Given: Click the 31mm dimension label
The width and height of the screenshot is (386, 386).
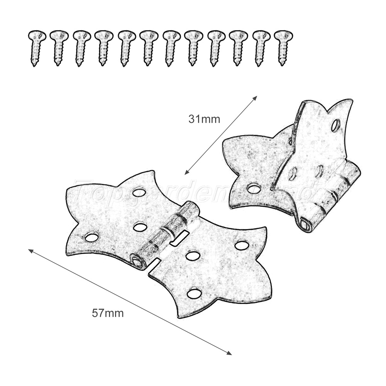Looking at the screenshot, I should [204, 119].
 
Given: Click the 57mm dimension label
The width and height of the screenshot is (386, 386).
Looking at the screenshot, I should [108, 313].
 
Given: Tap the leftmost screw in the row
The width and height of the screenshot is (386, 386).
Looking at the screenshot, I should [37, 47].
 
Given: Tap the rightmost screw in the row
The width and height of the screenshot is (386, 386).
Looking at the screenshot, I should [283, 47].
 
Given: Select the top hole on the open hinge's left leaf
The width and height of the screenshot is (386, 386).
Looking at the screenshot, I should [139, 192].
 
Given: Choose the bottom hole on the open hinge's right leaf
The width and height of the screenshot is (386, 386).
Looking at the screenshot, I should [194, 293].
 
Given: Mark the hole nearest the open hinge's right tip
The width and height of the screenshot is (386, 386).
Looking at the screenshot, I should [242, 245].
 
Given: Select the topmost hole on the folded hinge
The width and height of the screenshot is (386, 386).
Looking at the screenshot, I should [335, 125].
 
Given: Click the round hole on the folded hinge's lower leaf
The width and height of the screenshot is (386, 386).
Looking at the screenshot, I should [254, 188].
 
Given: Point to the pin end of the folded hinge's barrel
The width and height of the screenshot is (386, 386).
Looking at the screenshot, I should [305, 223].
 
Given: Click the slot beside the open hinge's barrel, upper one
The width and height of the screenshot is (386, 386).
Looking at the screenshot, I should [181, 236].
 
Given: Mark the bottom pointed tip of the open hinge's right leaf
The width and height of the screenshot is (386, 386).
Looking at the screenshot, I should [179, 317].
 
